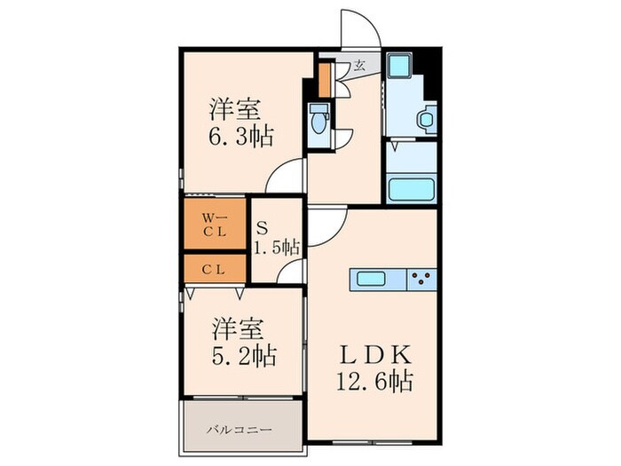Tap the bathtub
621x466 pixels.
point(411,190)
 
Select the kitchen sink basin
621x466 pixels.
point(371,279)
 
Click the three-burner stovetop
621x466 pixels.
point(421,279)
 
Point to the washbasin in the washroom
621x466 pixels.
point(427,118)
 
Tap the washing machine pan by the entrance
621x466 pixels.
point(399,66)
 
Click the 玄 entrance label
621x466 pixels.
point(359,65)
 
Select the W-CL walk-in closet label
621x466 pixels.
point(215,225)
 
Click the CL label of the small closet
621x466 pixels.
point(214,270)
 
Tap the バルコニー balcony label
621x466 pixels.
point(240,430)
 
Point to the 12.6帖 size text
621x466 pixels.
point(375,381)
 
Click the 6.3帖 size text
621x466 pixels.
point(240,137)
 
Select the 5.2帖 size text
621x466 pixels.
point(244,355)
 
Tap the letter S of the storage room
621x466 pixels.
point(262,228)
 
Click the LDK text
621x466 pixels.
point(375,354)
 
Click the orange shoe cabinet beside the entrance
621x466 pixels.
point(325,80)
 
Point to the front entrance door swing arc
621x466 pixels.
point(369,20)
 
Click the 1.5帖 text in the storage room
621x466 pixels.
point(277,248)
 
